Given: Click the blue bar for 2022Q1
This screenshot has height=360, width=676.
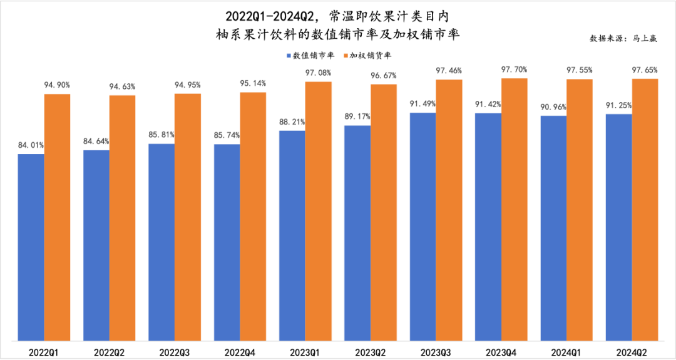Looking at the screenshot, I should coord(31,247).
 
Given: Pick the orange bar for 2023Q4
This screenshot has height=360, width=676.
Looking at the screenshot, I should coord(514,209).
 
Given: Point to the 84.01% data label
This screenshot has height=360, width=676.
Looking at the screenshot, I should coord(31,145).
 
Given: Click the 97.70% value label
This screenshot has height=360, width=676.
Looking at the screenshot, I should coord(515,69).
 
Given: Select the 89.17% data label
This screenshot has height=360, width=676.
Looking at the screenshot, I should coord(357,116).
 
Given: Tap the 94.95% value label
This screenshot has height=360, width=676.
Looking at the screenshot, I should coord(187,85).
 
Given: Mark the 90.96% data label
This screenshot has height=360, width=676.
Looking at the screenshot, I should coord(554,107).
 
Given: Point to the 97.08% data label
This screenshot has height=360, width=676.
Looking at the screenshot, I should coord(318,73).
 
